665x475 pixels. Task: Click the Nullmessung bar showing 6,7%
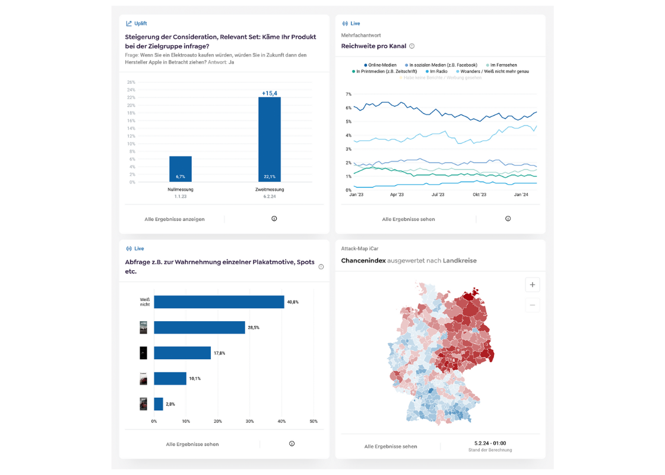pyautogui.click(x=180, y=169)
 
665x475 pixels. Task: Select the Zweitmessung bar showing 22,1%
pyautogui.click(x=269, y=140)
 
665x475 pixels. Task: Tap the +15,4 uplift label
pyautogui.click(x=270, y=93)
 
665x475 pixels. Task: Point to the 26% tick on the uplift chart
pyautogui.click(x=131, y=83)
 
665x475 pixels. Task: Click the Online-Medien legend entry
pyautogui.click(x=379, y=65)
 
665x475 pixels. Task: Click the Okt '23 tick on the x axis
pyautogui.click(x=479, y=194)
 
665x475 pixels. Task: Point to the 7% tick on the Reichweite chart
pyautogui.click(x=349, y=94)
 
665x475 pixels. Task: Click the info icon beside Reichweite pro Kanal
pyautogui.click(x=412, y=46)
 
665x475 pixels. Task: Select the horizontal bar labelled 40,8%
pyautogui.click(x=219, y=302)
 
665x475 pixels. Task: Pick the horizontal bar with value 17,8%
pyautogui.click(x=182, y=353)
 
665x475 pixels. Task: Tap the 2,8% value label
pyautogui.click(x=170, y=404)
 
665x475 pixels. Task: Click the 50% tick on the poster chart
pyautogui.click(x=313, y=421)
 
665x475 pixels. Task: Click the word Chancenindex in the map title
pyautogui.click(x=363, y=261)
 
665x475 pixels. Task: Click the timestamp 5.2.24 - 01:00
pyautogui.click(x=490, y=443)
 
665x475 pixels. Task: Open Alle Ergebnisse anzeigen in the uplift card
pyautogui.click(x=175, y=219)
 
